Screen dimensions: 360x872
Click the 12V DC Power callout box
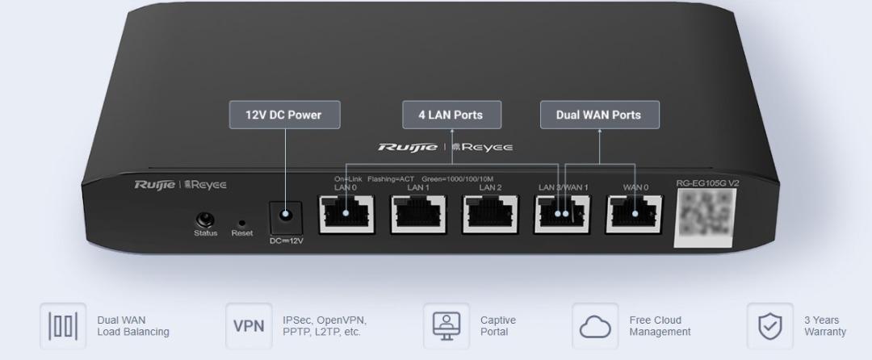283,115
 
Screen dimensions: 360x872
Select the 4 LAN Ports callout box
451,115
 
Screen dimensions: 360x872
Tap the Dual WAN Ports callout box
598,115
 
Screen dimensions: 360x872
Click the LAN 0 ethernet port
346,214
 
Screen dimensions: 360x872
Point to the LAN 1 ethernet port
417,214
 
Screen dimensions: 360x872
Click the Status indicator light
205,220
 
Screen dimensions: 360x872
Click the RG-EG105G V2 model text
707,183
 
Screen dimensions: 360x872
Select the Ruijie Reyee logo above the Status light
180,186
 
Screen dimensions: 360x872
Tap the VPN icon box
244,326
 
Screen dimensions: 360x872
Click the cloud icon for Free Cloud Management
596,326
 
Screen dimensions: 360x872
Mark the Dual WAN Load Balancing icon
62,326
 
